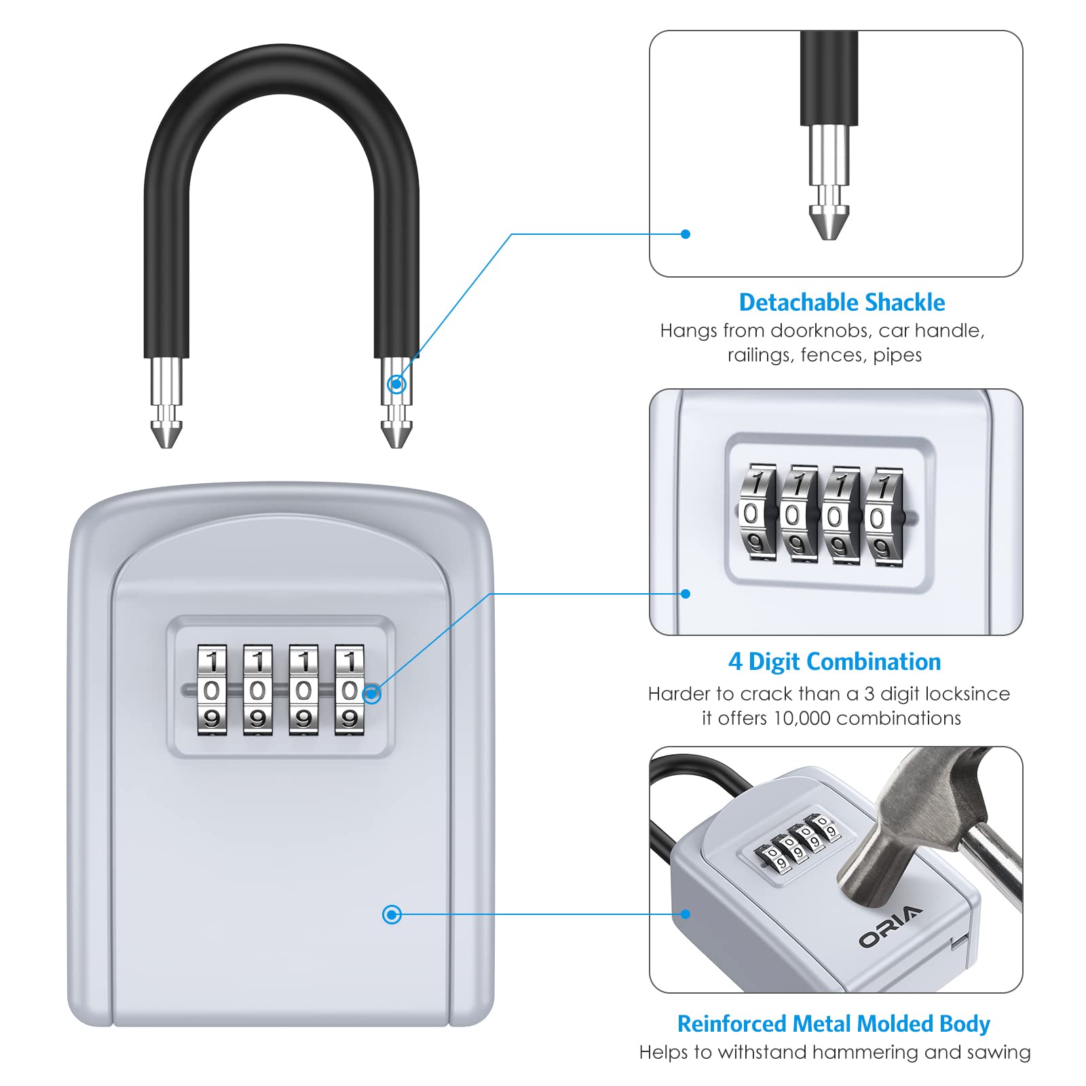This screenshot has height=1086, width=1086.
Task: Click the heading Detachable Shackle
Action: [x=842, y=303]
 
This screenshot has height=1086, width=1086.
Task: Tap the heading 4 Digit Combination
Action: [x=834, y=662]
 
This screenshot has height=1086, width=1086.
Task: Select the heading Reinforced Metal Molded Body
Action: [x=834, y=1024]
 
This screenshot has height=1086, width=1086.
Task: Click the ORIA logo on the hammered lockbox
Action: [x=891, y=926]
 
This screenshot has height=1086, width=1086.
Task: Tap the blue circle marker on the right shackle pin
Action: [x=396, y=384]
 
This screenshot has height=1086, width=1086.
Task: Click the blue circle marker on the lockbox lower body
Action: [x=392, y=914]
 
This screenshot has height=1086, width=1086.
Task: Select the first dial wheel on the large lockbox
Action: [x=212, y=690]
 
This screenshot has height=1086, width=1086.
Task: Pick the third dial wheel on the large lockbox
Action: [x=303, y=690]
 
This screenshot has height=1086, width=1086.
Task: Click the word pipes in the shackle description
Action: [x=897, y=355]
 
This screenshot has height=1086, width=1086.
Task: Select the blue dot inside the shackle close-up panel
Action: [x=686, y=234]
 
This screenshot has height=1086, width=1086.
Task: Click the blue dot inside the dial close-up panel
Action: [x=686, y=594]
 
